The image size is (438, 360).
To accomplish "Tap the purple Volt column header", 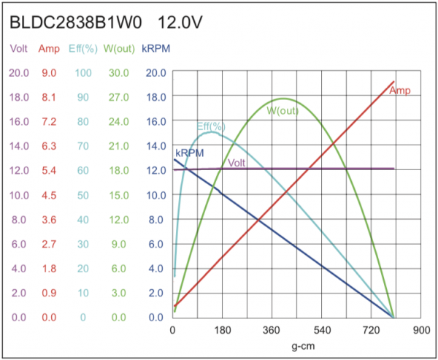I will [x=19, y=49].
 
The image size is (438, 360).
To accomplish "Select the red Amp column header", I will [x=50, y=49].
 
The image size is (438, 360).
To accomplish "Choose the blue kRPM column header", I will [x=155, y=49].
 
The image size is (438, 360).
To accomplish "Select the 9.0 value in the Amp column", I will [x=50, y=73].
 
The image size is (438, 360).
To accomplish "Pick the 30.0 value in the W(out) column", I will [x=117, y=73].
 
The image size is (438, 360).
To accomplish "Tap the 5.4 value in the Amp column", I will [x=50, y=171].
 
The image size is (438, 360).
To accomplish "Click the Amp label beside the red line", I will [x=399, y=91].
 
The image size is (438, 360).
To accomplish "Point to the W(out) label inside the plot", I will [x=282, y=111].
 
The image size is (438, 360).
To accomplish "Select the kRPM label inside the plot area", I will [x=189, y=153].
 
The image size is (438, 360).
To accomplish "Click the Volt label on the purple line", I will [x=236, y=162].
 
